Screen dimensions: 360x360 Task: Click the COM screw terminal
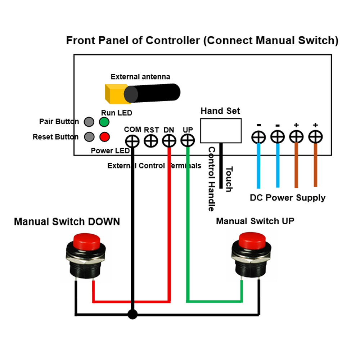click(x=132, y=141)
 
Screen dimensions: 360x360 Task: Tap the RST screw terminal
click(x=151, y=141)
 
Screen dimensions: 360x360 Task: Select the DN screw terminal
click(x=169, y=141)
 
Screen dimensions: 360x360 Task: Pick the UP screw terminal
click(x=187, y=141)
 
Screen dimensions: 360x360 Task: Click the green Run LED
click(x=104, y=122)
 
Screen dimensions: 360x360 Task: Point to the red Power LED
click(x=104, y=137)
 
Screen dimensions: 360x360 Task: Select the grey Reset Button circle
click(x=89, y=137)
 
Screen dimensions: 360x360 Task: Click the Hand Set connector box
click(x=221, y=130)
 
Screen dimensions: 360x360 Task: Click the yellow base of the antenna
click(x=114, y=93)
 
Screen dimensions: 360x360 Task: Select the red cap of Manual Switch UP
click(x=252, y=239)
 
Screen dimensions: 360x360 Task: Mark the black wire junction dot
click(x=132, y=315)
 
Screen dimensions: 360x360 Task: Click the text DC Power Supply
click(x=287, y=198)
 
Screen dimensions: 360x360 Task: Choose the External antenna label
click(x=140, y=77)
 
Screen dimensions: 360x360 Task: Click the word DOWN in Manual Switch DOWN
click(x=102, y=221)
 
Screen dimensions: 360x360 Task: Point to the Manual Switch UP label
click(x=255, y=221)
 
